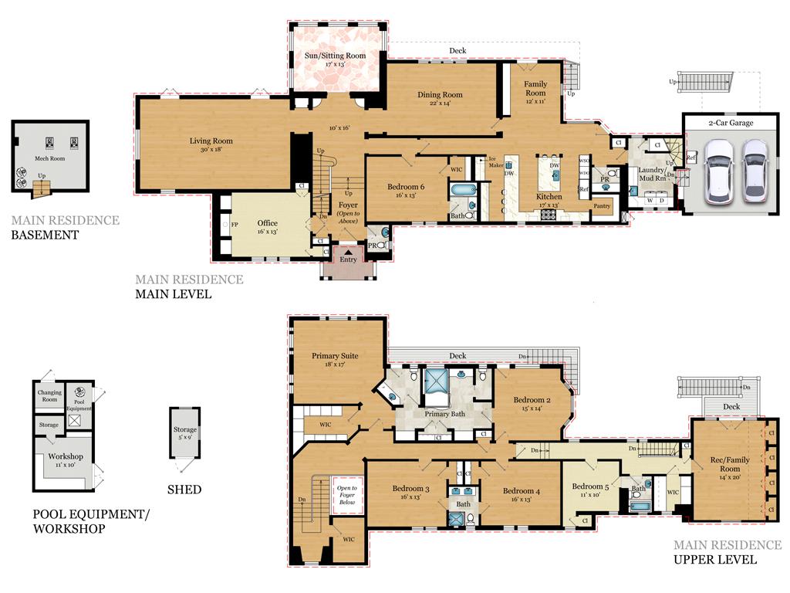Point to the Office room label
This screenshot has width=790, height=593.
pyautogui.click(x=267, y=223)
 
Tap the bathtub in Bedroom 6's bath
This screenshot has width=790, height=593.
pyautogui.click(x=461, y=188)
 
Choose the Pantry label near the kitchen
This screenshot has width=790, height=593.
pyautogui.click(x=603, y=206)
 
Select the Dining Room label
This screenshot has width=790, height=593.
pyautogui.click(x=440, y=95)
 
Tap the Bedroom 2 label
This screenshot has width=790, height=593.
pyautogui.click(x=532, y=400)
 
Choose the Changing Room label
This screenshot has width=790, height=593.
pyautogui.click(x=49, y=396)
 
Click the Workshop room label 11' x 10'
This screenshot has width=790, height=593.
pyautogui.click(x=66, y=456)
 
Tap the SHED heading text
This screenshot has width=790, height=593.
pyautogui.click(x=184, y=490)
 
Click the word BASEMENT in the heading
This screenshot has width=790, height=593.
pyautogui.click(x=45, y=235)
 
